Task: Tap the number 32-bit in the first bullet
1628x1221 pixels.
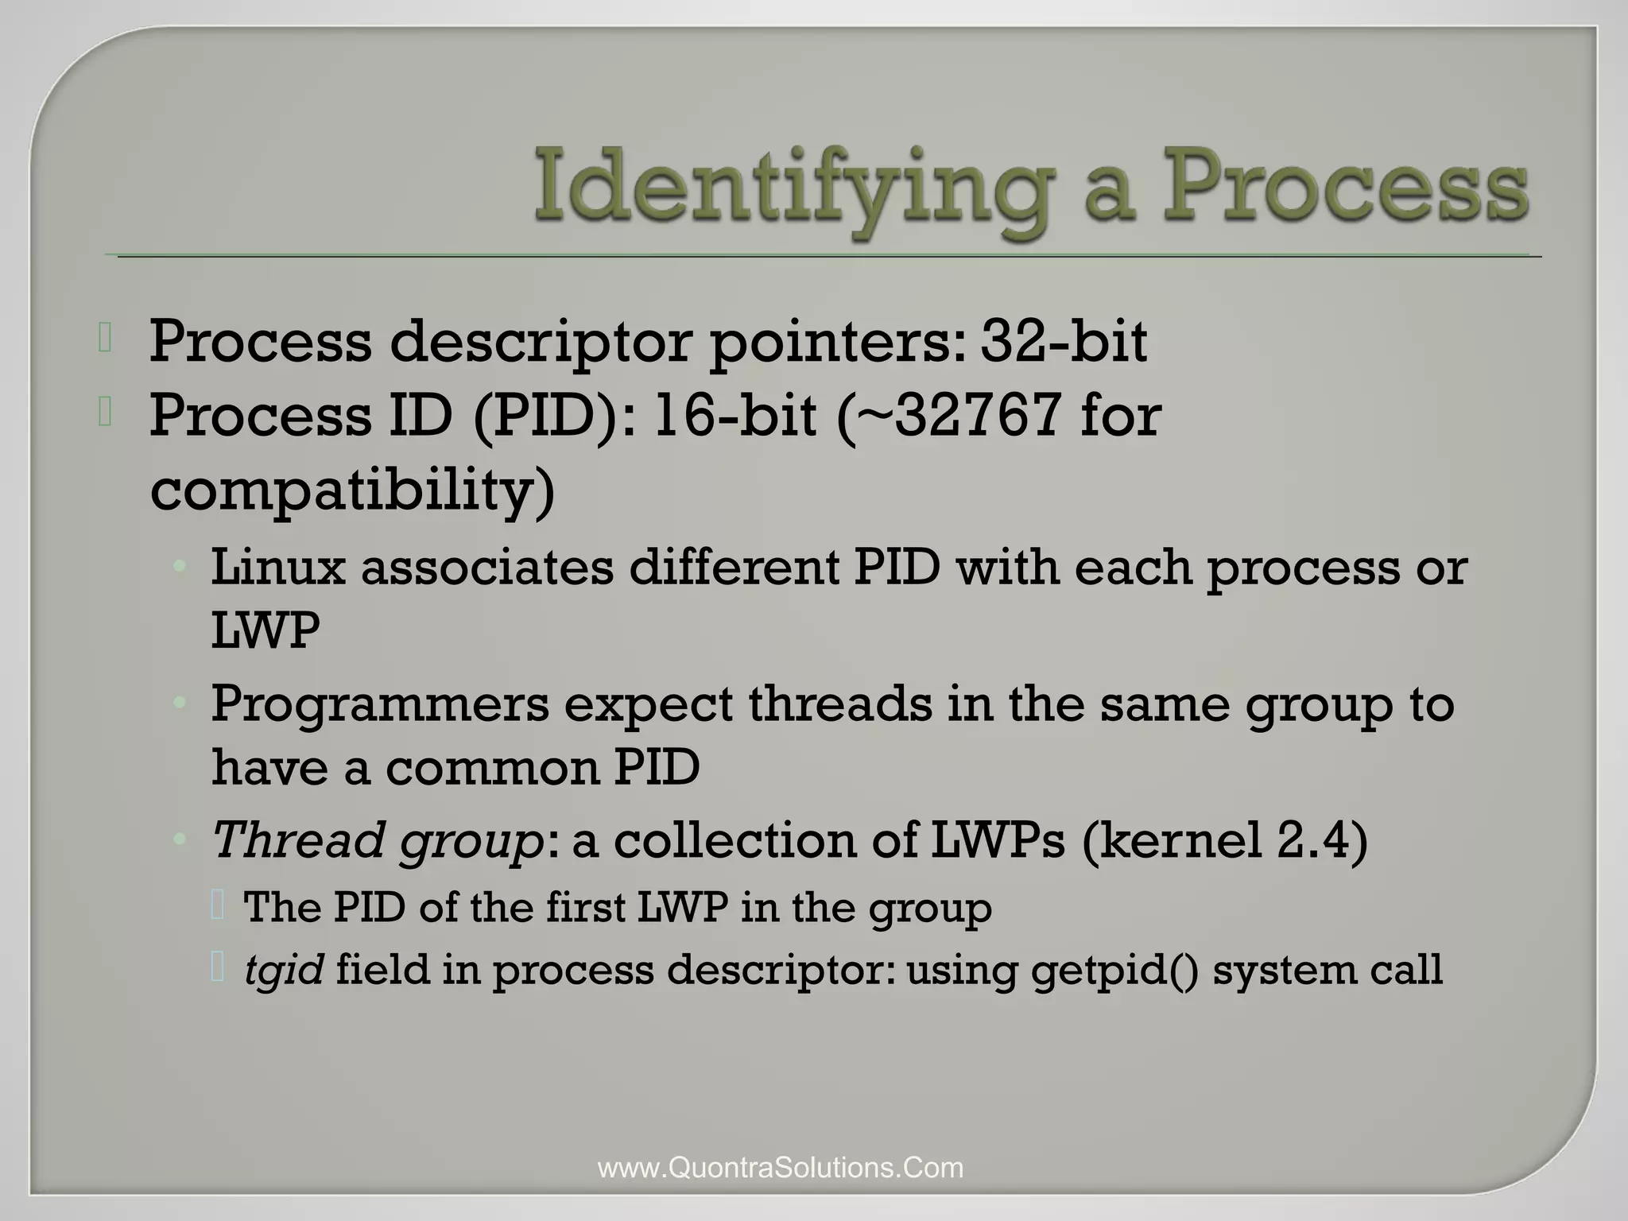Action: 1064,342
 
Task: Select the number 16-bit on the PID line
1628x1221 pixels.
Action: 735,416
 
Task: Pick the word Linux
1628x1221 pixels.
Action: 278,568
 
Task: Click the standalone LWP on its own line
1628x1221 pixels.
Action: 266,631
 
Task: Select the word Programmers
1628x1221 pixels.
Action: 380,704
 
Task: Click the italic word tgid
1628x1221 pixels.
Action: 284,970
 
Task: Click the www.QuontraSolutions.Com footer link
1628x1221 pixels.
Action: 780,1168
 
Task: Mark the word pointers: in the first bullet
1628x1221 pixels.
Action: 838,342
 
